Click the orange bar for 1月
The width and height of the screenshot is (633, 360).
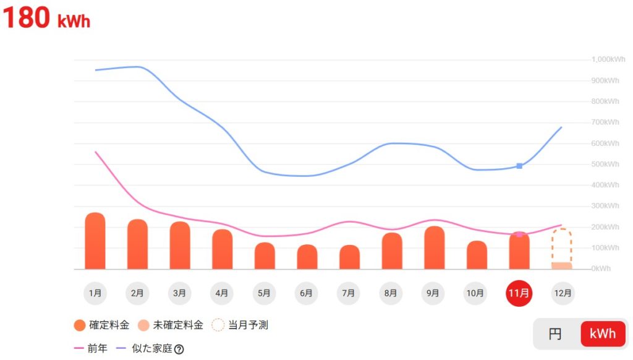coord(95,241)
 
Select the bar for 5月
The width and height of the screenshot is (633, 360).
coord(264,256)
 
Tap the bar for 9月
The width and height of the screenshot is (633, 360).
coord(434,248)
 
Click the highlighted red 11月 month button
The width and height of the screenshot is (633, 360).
coord(519,293)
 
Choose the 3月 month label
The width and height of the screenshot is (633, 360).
coord(180,293)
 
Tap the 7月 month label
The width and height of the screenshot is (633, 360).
coord(349,293)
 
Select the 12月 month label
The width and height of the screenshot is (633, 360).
coord(561,293)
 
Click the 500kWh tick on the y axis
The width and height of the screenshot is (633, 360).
coord(606,164)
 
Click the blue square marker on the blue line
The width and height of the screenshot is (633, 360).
coord(519,166)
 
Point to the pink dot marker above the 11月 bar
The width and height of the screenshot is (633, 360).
coord(519,234)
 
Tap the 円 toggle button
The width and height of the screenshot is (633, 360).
coord(555,334)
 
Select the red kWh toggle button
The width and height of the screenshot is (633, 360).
coord(602,334)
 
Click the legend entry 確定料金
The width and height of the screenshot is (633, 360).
coord(101,325)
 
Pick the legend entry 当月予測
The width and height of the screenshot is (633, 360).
coord(240,325)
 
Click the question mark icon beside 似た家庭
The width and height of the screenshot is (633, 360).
coord(179,349)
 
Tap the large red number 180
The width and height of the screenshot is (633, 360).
coord(26,18)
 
